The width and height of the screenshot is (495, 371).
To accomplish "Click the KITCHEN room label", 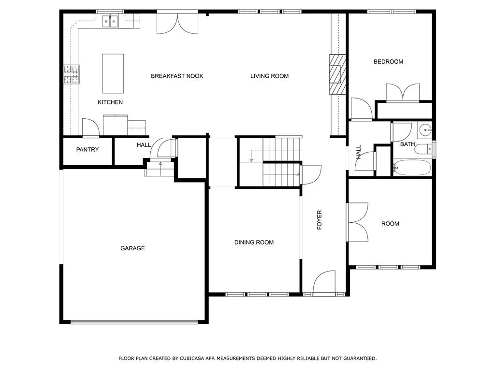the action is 110,102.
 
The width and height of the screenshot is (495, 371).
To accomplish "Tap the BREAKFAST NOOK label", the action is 177,76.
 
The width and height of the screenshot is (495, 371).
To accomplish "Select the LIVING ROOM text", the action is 270,76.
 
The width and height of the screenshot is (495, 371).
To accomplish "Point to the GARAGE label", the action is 132,248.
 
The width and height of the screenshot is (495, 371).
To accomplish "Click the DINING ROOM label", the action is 254,243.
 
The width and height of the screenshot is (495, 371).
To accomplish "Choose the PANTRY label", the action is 87,150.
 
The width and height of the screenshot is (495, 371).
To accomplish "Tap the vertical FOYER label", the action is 320,220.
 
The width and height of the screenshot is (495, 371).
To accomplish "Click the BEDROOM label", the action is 389,62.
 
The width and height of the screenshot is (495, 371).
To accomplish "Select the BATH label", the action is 408,144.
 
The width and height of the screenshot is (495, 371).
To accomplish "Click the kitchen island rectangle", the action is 113,73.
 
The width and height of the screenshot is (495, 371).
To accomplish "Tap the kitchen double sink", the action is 110,21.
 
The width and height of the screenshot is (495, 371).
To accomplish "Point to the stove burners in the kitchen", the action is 72,74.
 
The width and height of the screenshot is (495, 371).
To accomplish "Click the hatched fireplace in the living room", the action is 337,74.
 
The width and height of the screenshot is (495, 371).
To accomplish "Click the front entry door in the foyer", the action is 324,283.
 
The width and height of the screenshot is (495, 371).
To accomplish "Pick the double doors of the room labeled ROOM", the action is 358,222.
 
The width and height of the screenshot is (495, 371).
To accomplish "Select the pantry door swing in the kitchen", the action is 90,128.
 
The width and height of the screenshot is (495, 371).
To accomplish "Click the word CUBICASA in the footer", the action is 191,358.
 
